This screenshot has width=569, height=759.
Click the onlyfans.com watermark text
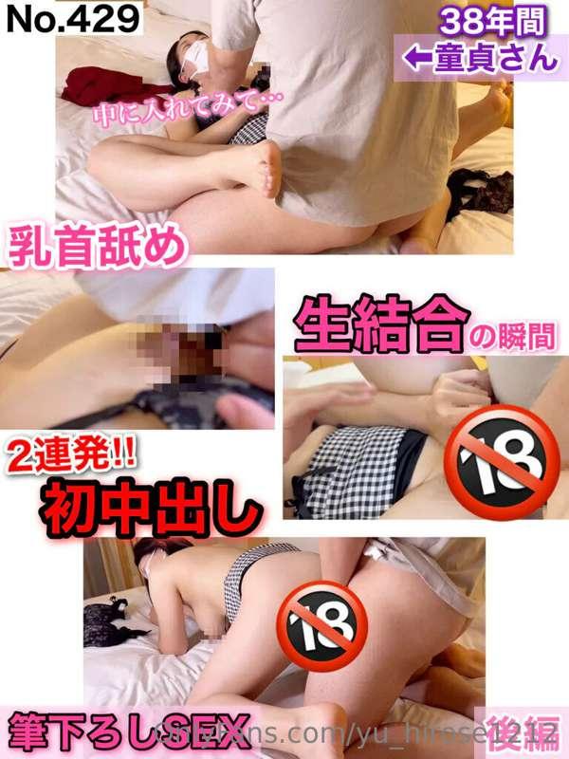[313, 736]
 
